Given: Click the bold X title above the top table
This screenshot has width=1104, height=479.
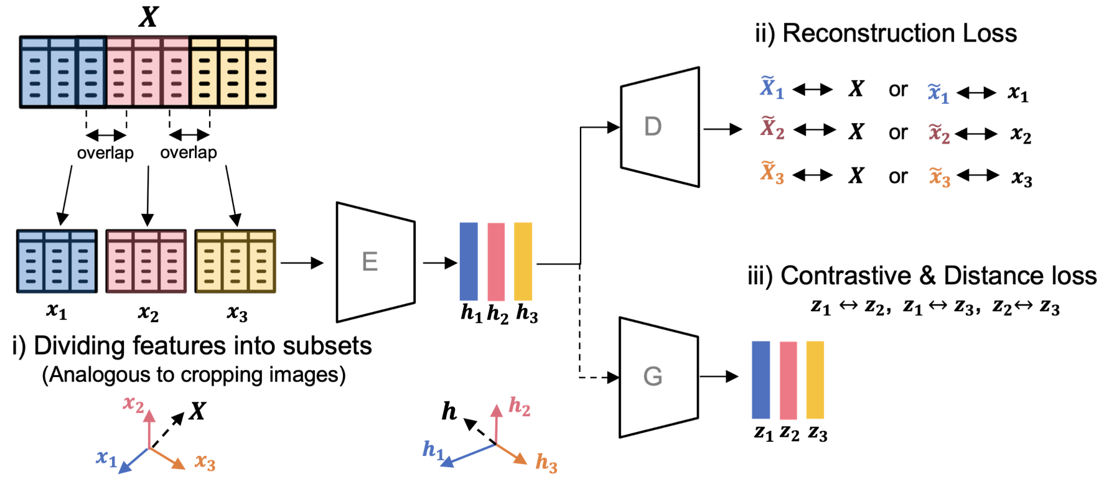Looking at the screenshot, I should [148, 17].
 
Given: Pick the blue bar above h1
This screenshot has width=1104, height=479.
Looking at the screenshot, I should [469, 261].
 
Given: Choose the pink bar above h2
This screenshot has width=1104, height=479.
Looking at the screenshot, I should [496, 261].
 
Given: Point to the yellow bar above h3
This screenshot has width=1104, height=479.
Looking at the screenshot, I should [523, 261].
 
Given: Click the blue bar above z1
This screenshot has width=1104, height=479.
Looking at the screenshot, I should [760, 379].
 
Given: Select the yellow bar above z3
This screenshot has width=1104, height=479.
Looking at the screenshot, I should [815, 379].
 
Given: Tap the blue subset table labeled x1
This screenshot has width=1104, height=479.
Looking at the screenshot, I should [57, 261].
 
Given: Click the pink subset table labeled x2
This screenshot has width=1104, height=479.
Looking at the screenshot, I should [146, 261].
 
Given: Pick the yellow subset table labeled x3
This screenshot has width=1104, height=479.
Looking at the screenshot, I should [235, 261].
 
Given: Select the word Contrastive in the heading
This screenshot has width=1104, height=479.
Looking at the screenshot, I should [849, 276].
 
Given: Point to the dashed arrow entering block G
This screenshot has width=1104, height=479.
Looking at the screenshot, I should [597, 377].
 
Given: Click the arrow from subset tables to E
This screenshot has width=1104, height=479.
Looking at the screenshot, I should [302, 263].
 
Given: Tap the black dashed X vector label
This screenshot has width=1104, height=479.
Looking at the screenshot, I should [198, 411].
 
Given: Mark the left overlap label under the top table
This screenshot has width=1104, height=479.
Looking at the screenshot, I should [105, 153].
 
